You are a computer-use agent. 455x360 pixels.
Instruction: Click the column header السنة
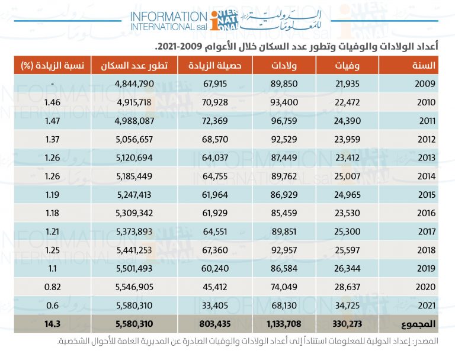(x=426, y=65)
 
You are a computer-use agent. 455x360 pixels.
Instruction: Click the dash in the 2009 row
(x=53, y=84)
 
